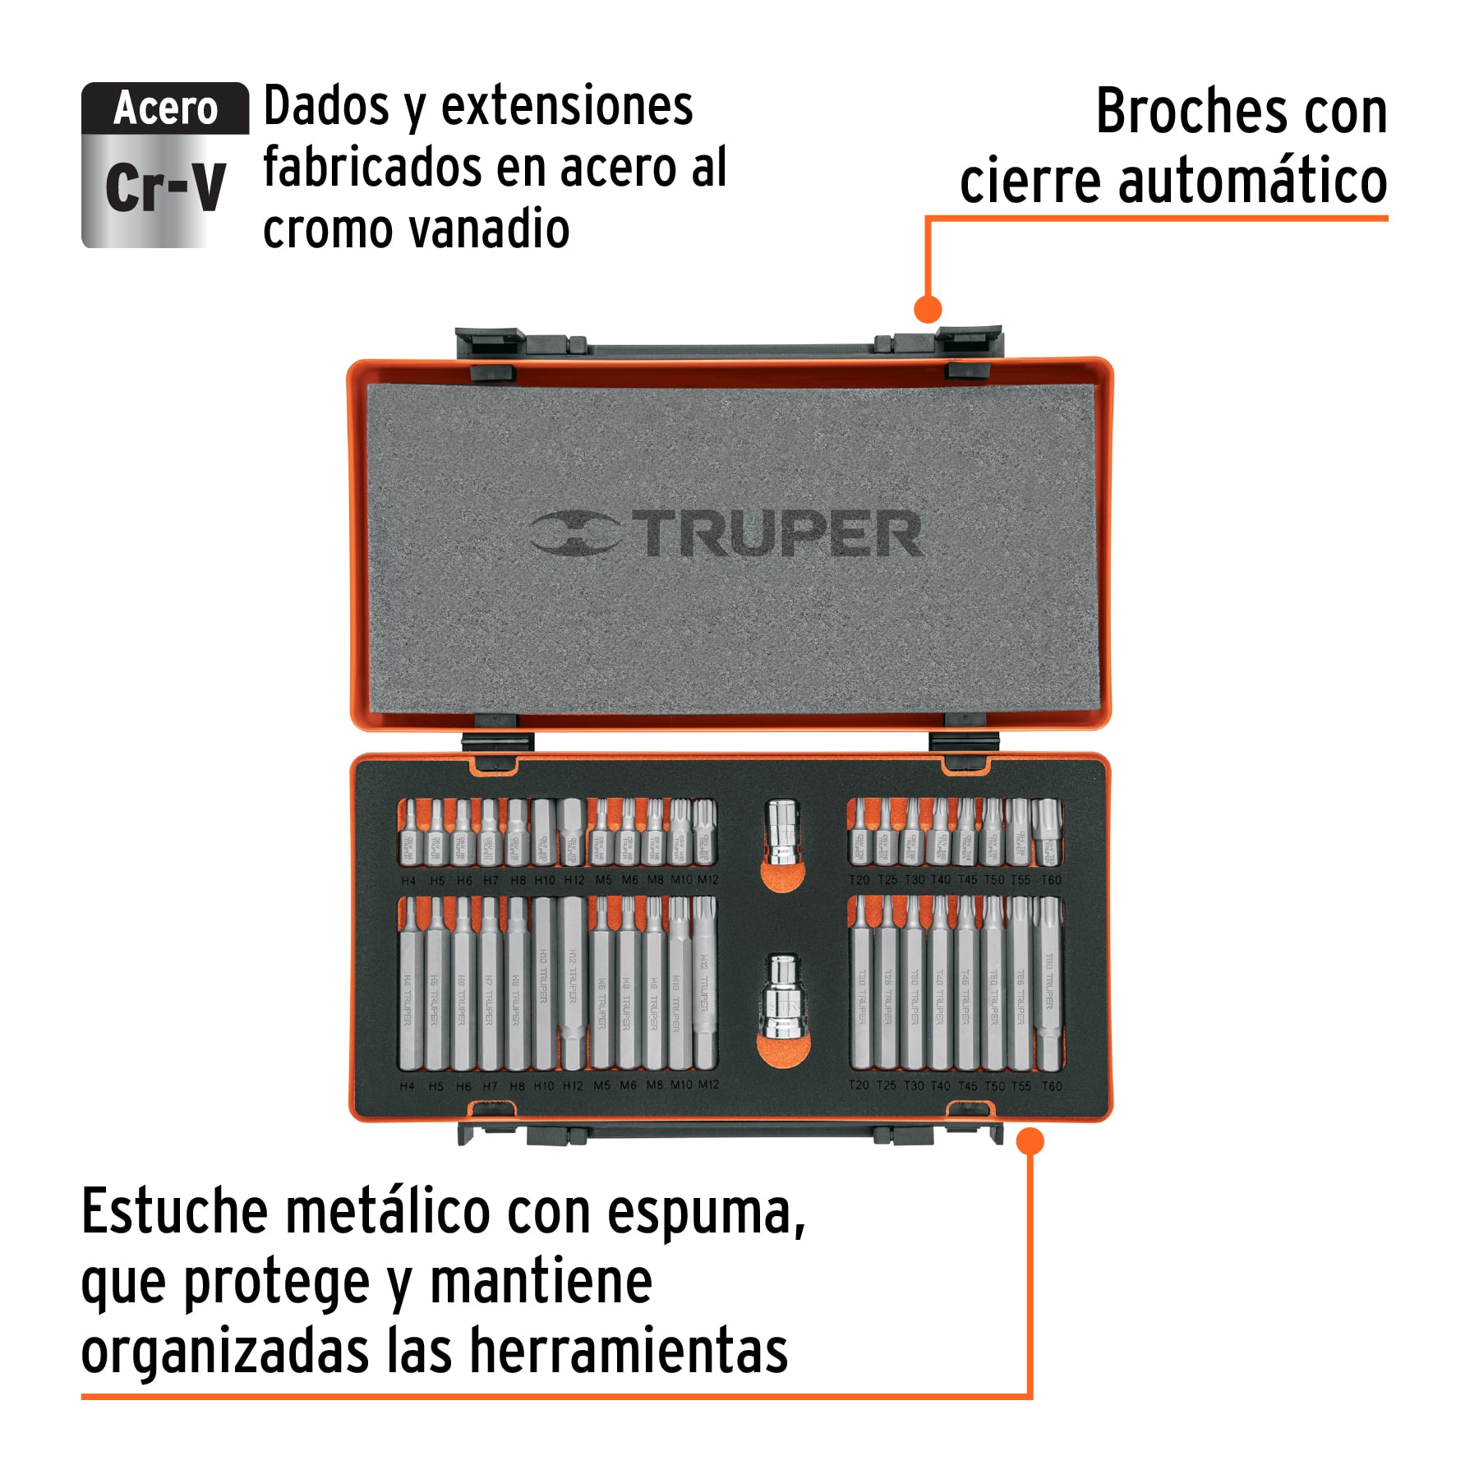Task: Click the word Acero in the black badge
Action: [165, 108]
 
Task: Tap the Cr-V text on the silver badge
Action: [165, 187]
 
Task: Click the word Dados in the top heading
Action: [326, 107]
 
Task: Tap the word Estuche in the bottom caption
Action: [174, 1211]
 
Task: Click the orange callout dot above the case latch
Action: [928, 310]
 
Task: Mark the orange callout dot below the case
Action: [1030, 1140]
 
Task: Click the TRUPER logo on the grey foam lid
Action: [726, 533]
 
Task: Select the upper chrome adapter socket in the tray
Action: [781, 832]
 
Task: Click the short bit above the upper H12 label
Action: [573, 832]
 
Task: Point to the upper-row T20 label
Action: [859, 880]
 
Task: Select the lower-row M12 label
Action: [708, 1085]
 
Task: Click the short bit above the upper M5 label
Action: [601, 832]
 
